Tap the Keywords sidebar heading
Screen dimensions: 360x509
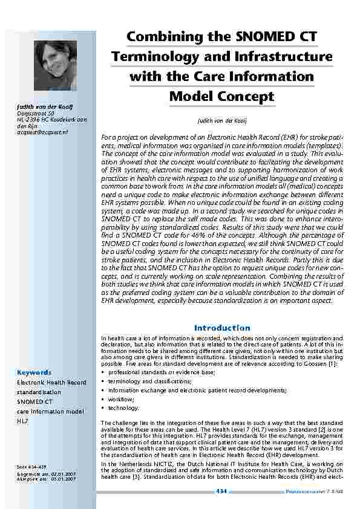(34, 372)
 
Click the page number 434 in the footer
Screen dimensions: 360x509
(221, 491)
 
